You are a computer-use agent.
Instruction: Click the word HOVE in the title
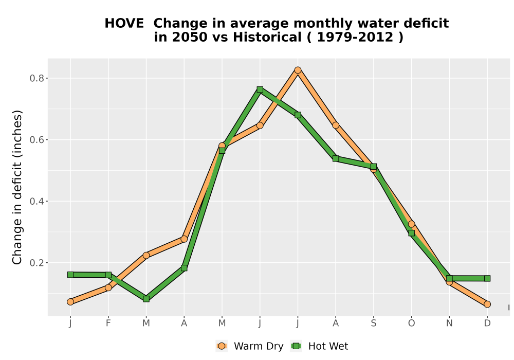pos(124,24)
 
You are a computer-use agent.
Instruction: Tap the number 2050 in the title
pos(190,38)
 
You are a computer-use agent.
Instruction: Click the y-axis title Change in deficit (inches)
pos(17,187)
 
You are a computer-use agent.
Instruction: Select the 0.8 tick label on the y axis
pos(36,78)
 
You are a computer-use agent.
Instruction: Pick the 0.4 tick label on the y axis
pos(36,201)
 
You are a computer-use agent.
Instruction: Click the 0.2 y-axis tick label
pos(36,263)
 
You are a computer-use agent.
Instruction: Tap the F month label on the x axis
pos(108,323)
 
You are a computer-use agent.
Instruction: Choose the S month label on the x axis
pos(373,323)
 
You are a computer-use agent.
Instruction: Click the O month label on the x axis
pos(411,323)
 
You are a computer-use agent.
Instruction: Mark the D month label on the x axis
pos(487,323)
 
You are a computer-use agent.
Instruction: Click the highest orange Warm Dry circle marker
pos(298,70)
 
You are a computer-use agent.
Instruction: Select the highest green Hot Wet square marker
pos(260,89)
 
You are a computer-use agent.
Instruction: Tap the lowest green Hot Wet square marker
pos(146,299)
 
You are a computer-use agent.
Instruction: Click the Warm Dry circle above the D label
pos(487,304)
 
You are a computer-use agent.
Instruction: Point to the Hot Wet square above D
pos(487,278)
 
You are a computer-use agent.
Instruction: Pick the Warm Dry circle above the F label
pos(108,287)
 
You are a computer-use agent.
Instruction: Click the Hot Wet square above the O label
pos(411,233)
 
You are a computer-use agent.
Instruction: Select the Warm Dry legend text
pos(259,346)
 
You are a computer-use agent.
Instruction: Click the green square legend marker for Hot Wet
pos(297,346)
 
